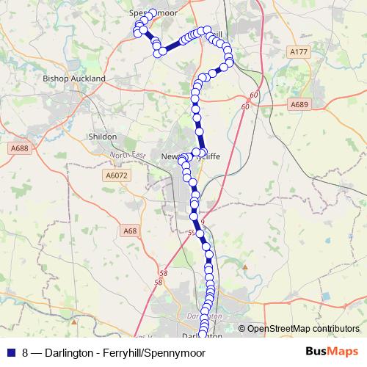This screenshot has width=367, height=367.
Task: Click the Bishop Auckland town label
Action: coord(74,78)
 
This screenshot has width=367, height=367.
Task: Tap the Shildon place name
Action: coord(102,137)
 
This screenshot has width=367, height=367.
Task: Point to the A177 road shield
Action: coord(298,52)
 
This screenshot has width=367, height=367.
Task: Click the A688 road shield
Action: coord(20,148)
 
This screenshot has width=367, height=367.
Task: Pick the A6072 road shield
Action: coord(117,176)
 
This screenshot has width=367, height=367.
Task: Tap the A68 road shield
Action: coord(130,231)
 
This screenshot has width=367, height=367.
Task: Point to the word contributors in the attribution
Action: coord(335,330)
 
